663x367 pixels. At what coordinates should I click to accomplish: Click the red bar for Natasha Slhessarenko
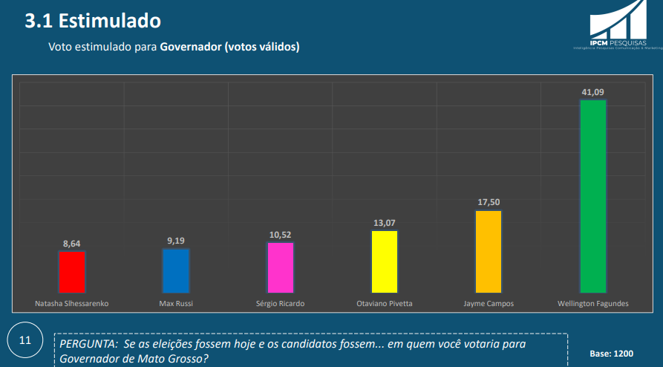pyautogui.click(x=71, y=272)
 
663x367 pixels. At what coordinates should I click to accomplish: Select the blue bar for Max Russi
pyautogui.click(x=176, y=270)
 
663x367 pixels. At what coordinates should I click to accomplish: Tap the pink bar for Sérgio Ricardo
pyautogui.click(x=281, y=267)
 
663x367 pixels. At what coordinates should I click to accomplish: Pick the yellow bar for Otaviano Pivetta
pyautogui.click(x=385, y=262)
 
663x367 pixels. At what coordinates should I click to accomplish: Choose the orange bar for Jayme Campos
pyautogui.click(x=489, y=252)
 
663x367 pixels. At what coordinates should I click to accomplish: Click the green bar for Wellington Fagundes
pyautogui.click(x=592, y=196)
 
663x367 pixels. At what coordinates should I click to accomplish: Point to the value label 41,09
pyautogui.click(x=592, y=92)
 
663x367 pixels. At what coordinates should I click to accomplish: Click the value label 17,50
pyautogui.click(x=489, y=202)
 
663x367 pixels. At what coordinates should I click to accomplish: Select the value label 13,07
pyautogui.click(x=385, y=222)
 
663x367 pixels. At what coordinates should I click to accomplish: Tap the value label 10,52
pyautogui.click(x=281, y=234)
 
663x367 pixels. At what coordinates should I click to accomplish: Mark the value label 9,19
pyautogui.click(x=176, y=240)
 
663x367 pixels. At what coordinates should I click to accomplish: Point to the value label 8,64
pyautogui.click(x=71, y=243)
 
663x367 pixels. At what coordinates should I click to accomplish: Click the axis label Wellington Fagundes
pyautogui.click(x=592, y=304)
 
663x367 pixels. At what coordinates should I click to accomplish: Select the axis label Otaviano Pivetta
pyautogui.click(x=385, y=304)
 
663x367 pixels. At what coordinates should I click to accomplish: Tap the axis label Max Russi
pyautogui.click(x=176, y=304)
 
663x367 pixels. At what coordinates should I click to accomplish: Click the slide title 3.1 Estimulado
pyautogui.click(x=92, y=20)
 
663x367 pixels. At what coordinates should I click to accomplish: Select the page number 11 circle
pyautogui.click(x=25, y=341)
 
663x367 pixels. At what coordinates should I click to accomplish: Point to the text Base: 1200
pyautogui.click(x=612, y=354)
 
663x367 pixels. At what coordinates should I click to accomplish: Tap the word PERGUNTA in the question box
pyautogui.click(x=85, y=346)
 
